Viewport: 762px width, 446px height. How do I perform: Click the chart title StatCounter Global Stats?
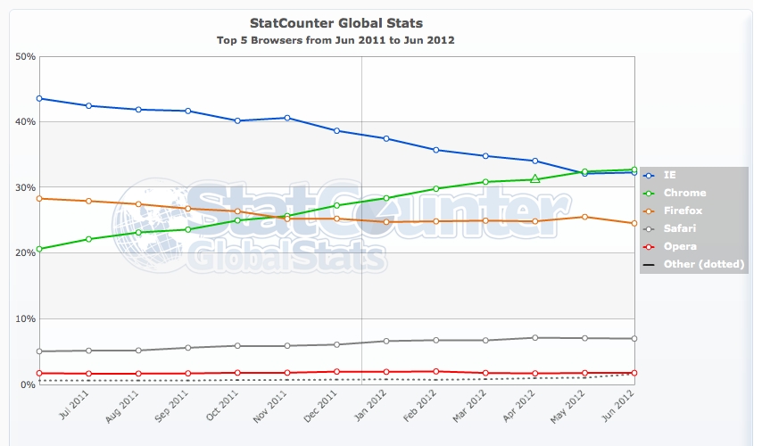[x=335, y=22]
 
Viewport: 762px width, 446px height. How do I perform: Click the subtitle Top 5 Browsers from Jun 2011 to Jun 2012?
[x=336, y=40]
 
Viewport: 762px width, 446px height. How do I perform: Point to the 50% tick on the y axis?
[x=26, y=56]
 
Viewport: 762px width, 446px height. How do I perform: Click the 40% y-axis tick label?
[x=26, y=121]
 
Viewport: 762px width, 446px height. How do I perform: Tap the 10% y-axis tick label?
[x=26, y=318]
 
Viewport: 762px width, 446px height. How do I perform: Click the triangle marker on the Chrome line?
[x=534, y=179]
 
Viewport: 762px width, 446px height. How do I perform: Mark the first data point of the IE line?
[x=40, y=98]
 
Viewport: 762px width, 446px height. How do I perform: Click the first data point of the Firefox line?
[x=40, y=198]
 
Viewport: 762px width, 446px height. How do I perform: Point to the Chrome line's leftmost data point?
[x=40, y=248]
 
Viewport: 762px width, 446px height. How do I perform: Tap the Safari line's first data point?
[x=40, y=351]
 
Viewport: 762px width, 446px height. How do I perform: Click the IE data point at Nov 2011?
[x=287, y=118]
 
